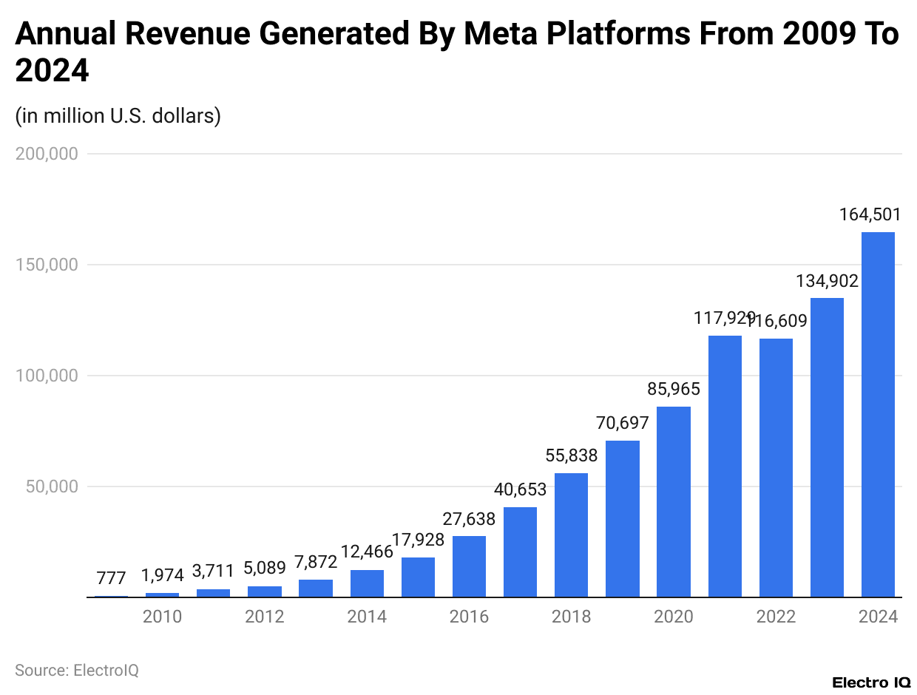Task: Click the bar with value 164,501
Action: [x=878, y=414]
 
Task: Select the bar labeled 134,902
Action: [x=827, y=447]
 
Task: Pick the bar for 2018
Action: [x=571, y=535]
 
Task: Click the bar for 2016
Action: [x=469, y=566]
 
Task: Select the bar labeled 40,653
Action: [x=520, y=552]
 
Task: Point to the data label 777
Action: [x=111, y=577]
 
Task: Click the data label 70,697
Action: [x=622, y=423]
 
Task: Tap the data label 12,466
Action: [x=367, y=552]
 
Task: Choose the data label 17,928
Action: [x=418, y=540]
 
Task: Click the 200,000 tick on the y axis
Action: [x=47, y=154]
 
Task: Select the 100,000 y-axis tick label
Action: [x=47, y=376]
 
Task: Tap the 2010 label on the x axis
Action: [x=162, y=617]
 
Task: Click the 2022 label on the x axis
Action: [x=776, y=617]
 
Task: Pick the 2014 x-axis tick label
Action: [x=367, y=617]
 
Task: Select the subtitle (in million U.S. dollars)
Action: [x=118, y=116]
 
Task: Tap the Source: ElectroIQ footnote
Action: [x=77, y=670]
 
